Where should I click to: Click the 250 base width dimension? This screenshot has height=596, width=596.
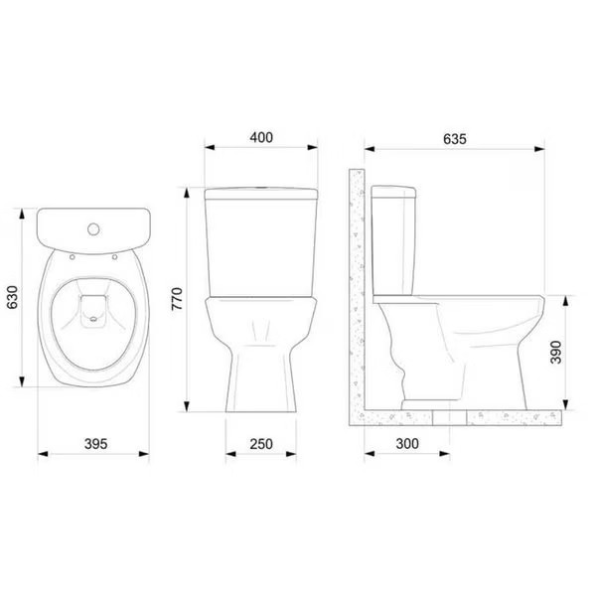(x=262, y=444)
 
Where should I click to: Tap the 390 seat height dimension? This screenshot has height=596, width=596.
(x=558, y=351)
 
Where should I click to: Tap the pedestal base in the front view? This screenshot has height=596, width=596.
(x=262, y=377)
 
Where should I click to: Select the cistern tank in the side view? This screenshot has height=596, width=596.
(x=393, y=238)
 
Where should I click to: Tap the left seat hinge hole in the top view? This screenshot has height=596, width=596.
(x=73, y=254)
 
